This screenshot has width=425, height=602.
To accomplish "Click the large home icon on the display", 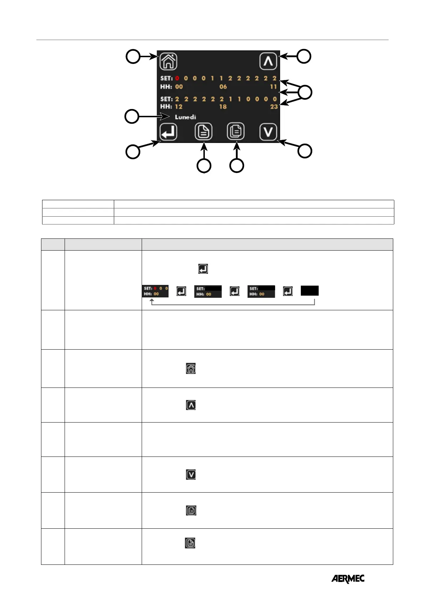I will pos(168,61).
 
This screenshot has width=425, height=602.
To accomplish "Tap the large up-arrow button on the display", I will pos(268,61).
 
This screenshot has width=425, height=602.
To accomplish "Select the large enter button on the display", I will pos(168,132).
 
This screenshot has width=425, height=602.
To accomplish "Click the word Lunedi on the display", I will pos(185,117).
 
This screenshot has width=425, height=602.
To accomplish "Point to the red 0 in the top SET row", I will pos(177,78).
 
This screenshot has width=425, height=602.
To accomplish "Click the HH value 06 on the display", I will pos(223,87).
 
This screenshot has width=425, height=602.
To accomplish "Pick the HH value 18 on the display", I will pos(223,107).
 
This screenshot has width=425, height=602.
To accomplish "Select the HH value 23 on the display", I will pos(274,107).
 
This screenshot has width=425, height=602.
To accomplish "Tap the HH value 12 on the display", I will pos(179,107).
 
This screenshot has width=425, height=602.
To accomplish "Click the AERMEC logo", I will pos(348,579).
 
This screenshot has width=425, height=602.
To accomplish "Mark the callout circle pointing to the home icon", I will pos(133,56).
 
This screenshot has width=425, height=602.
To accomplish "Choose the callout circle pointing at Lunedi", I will pos(132,117).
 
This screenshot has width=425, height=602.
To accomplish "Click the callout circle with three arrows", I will pos(305,92).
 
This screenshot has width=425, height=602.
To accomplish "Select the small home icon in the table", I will pos(191,369).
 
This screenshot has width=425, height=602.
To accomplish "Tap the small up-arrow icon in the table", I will pos(191,405).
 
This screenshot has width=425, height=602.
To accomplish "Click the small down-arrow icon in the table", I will pos(191,474).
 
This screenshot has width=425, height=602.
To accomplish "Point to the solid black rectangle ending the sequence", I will pos(309,291).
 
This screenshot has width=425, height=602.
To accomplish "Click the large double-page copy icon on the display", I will pos(236,132).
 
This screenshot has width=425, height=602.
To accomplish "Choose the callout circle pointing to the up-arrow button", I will pos(304,56).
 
